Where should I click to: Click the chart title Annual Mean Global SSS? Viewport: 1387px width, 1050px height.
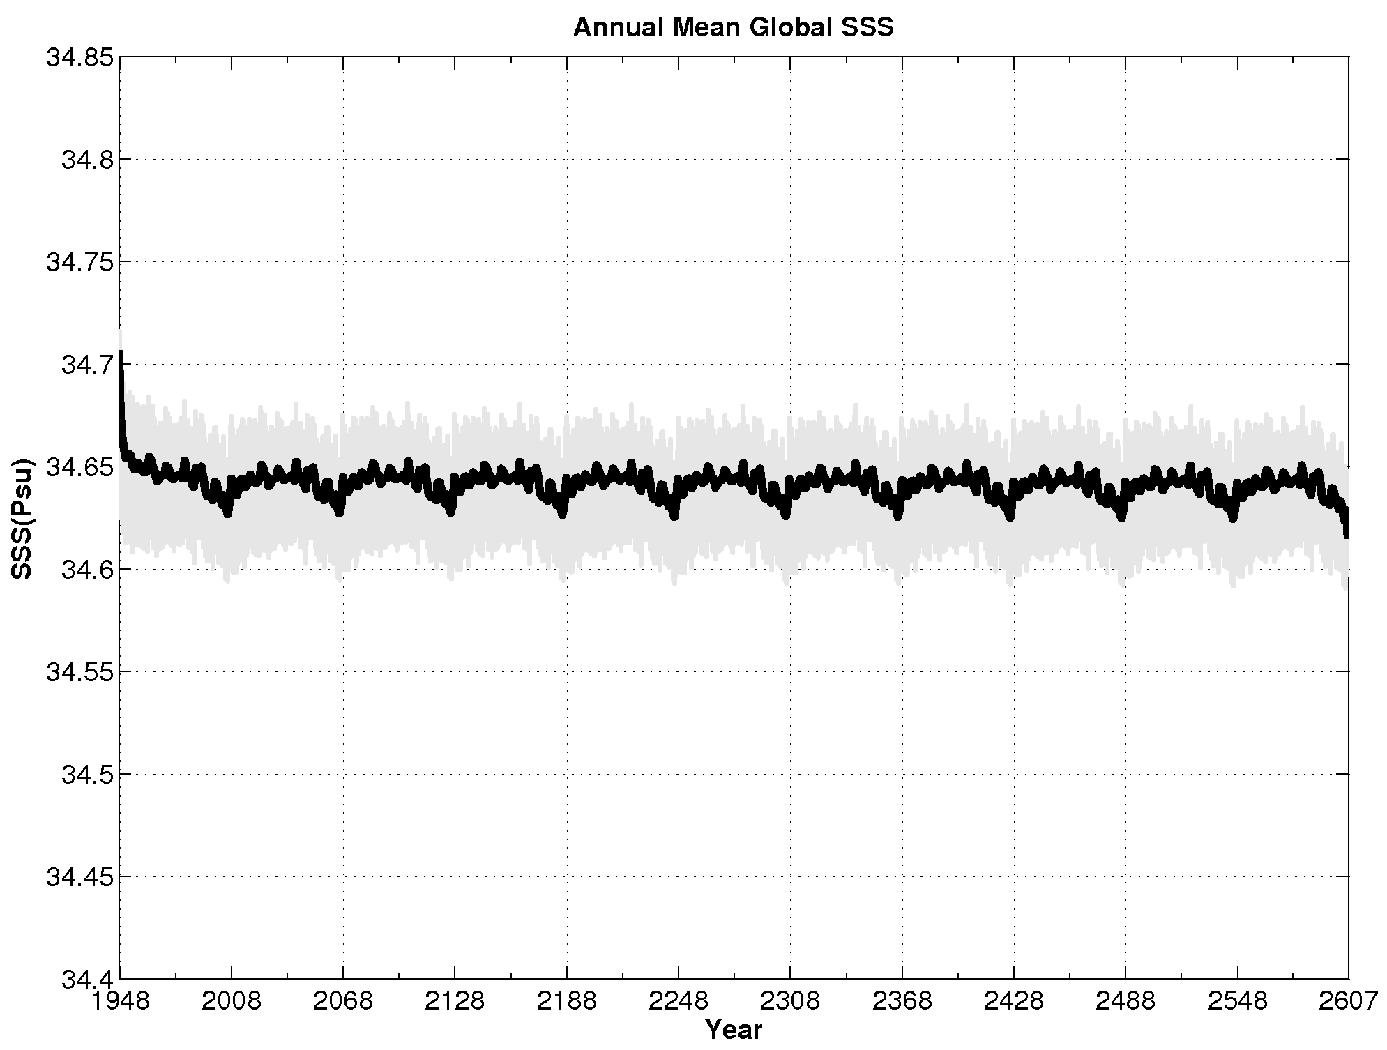point(733,28)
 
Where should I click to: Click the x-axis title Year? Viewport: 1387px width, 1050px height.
point(733,1030)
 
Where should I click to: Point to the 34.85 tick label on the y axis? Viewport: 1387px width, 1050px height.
point(78,58)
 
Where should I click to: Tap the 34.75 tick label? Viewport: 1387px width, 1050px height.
point(78,262)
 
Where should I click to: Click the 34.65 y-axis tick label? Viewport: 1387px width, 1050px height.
point(78,466)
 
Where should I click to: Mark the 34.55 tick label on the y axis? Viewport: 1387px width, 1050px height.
point(78,671)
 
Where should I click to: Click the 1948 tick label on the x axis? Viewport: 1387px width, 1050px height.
point(121,1001)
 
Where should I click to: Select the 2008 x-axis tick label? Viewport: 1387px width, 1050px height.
point(232,1001)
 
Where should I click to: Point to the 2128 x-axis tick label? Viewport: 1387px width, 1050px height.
point(455,1001)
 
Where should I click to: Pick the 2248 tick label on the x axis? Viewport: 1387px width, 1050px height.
point(678,1001)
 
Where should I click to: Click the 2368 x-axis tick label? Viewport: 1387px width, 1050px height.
point(902,1001)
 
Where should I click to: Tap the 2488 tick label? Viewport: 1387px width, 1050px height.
point(1125,1001)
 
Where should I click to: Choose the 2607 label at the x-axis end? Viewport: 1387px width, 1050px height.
point(1347,1001)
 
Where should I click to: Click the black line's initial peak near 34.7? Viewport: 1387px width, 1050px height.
point(121,354)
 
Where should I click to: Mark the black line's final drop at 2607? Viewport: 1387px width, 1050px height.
point(1347,534)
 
